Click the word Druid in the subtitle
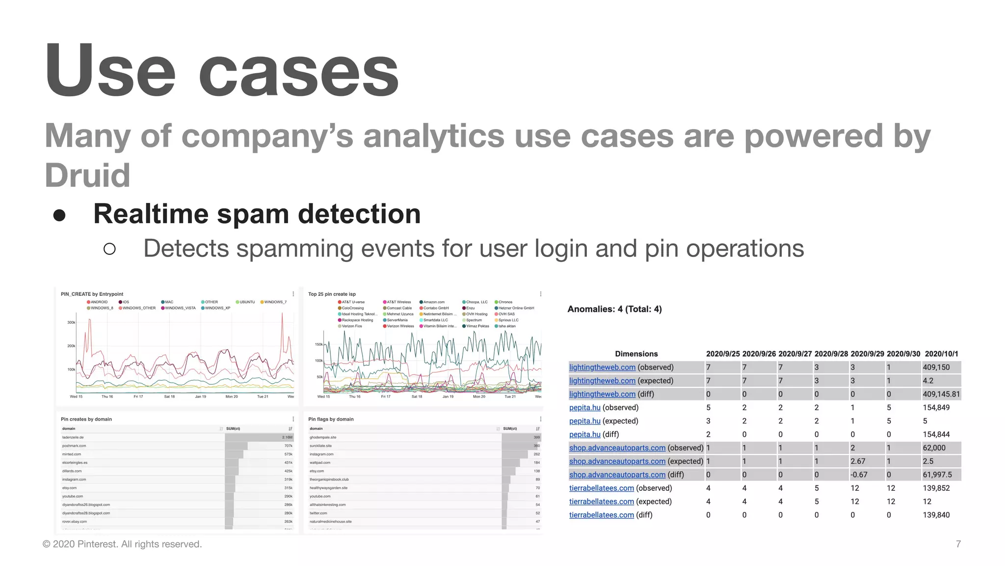pos(87,175)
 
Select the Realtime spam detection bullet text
pos(257,214)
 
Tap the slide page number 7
pos(958,544)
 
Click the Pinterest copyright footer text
pos(122,544)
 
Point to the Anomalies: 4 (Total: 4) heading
pos(614,309)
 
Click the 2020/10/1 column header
pos(941,354)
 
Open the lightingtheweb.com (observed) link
pos(602,368)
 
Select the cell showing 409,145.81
pos(941,394)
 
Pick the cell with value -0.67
pos(859,475)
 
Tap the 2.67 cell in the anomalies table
pos(858,461)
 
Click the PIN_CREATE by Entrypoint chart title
pos(92,294)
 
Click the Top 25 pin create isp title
pos(332,294)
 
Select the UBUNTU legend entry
pos(247,302)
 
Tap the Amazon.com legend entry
pos(434,302)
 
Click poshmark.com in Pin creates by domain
pos(74,446)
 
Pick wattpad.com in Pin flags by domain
pos(320,462)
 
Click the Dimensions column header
pos(636,354)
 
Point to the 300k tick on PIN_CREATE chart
pos(71,323)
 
